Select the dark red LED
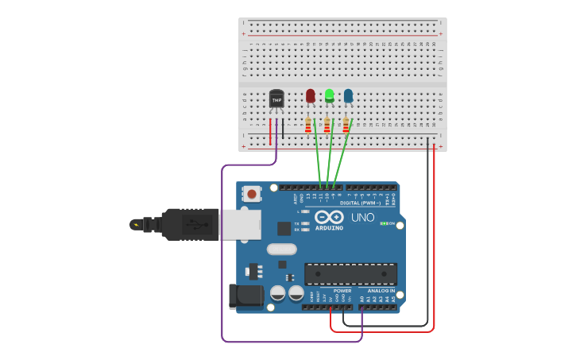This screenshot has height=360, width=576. click(x=310, y=96)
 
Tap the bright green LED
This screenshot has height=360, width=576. click(x=329, y=96)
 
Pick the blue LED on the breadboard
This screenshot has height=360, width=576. click(x=348, y=96)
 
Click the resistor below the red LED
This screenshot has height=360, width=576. click(x=308, y=126)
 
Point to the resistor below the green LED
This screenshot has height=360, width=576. click(x=327, y=126)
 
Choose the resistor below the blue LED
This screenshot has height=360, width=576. click(x=346, y=126)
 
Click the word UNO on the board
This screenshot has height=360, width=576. click(x=363, y=217)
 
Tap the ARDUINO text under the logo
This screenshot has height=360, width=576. click(x=329, y=228)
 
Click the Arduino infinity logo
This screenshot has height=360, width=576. click(x=329, y=217)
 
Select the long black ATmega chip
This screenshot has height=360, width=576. click(x=350, y=274)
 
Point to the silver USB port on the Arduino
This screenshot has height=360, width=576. click(x=240, y=224)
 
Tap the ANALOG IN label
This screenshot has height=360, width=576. click(x=381, y=291)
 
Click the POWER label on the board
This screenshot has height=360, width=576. click(x=342, y=291)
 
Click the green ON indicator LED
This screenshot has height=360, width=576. click(x=384, y=224)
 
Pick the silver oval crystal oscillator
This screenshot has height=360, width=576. click(x=281, y=249)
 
